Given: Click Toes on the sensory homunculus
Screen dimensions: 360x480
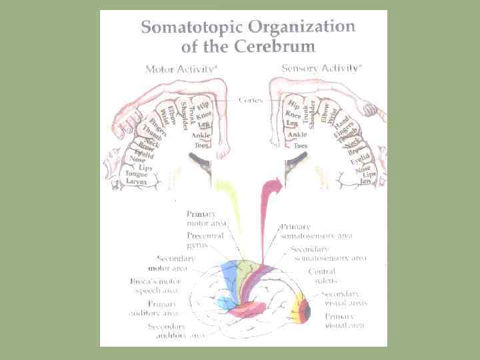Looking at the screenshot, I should click(301, 145).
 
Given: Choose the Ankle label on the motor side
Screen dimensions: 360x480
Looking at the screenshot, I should click(201, 136).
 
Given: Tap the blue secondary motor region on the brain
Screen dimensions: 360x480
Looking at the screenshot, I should click(228, 277).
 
